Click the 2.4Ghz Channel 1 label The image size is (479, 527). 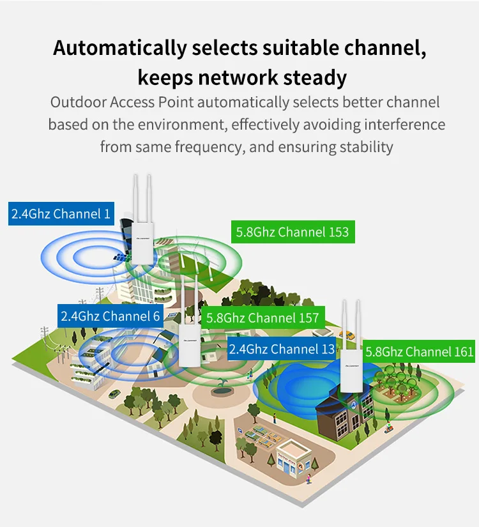tap(61, 213)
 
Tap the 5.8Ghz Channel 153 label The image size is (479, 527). tap(293, 231)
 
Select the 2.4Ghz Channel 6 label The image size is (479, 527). tap(110, 316)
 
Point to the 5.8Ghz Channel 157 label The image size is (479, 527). tap(262, 317)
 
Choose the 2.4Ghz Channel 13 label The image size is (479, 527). tap(282, 349)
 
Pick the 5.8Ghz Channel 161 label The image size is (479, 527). tap(419, 351)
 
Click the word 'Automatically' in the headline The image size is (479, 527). tap(120, 48)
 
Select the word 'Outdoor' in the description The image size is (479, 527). tap(77, 102)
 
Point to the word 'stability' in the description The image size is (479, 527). tap(366, 146)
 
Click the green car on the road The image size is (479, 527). tap(114, 394)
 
